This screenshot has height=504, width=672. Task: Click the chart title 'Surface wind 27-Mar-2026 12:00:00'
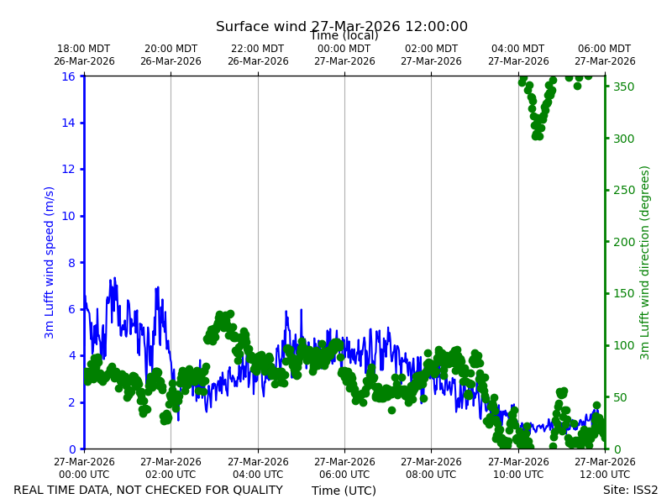(x=342, y=26)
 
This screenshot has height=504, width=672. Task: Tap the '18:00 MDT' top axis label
(x=84, y=49)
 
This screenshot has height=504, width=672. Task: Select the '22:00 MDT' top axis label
(x=258, y=49)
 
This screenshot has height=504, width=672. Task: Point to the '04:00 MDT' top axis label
(x=518, y=49)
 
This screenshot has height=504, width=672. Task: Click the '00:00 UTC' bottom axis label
(x=84, y=475)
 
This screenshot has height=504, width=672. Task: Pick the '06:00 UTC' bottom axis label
(x=344, y=475)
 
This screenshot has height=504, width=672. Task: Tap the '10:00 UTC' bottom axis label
(x=518, y=475)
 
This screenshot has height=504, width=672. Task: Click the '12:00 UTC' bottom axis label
(x=605, y=475)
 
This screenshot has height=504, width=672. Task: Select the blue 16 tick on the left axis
(x=68, y=76)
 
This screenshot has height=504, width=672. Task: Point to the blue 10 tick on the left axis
(x=68, y=216)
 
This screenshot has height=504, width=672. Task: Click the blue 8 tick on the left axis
(x=71, y=263)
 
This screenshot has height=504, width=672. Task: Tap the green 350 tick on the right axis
(x=624, y=87)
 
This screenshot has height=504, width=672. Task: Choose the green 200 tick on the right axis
(x=624, y=242)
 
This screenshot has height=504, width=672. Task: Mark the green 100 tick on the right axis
(x=624, y=345)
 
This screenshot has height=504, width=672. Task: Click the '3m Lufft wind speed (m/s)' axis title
(x=49, y=262)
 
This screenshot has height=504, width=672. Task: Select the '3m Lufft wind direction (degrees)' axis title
(x=644, y=263)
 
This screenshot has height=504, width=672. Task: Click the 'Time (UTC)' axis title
(x=344, y=491)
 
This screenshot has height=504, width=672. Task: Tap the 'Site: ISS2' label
(x=630, y=490)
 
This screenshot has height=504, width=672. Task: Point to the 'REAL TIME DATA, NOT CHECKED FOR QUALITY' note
(x=149, y=490)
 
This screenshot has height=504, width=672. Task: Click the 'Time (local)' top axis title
(x=344, y=35)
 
